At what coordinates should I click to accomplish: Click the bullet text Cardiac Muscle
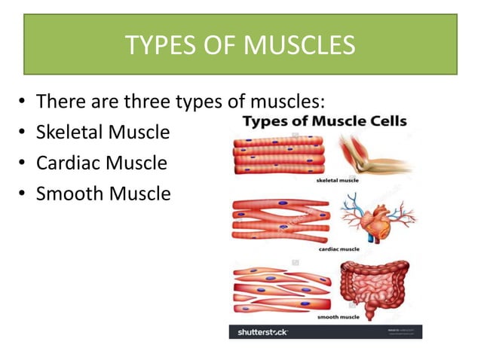point(102,163)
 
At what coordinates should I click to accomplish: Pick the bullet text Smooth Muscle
point(103,194)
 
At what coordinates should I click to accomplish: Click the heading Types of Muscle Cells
point(324,121)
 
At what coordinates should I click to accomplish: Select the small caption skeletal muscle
point(336,181)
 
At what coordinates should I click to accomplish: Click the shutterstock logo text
point(263,331)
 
